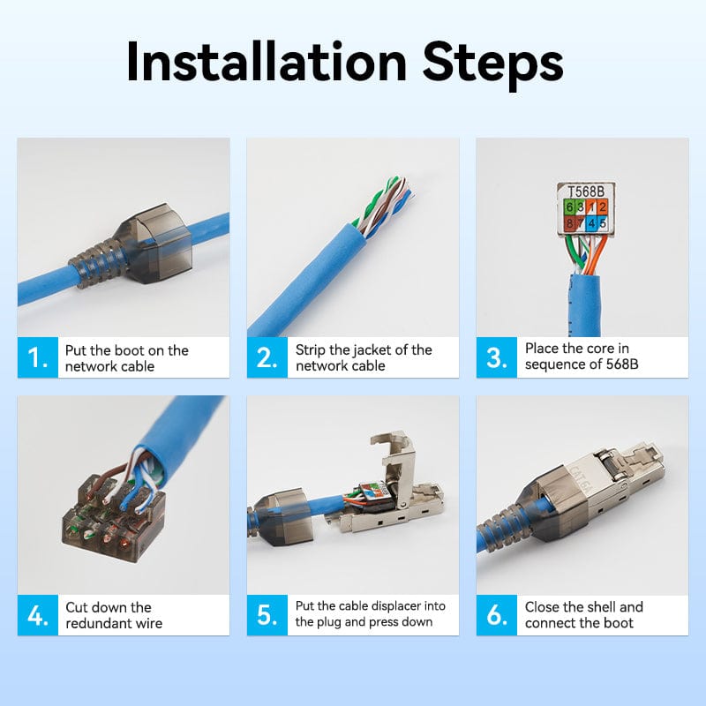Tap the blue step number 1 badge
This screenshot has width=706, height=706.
37,357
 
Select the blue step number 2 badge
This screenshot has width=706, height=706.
267,357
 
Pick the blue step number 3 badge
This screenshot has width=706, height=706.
496,357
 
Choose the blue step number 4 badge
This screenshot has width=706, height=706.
37,615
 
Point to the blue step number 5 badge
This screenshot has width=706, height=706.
267,615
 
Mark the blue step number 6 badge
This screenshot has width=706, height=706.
496,615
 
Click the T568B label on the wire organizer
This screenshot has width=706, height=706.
587,191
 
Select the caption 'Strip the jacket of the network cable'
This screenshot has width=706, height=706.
364,358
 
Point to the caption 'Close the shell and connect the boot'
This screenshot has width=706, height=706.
583,615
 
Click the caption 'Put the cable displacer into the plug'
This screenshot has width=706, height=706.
371,614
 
